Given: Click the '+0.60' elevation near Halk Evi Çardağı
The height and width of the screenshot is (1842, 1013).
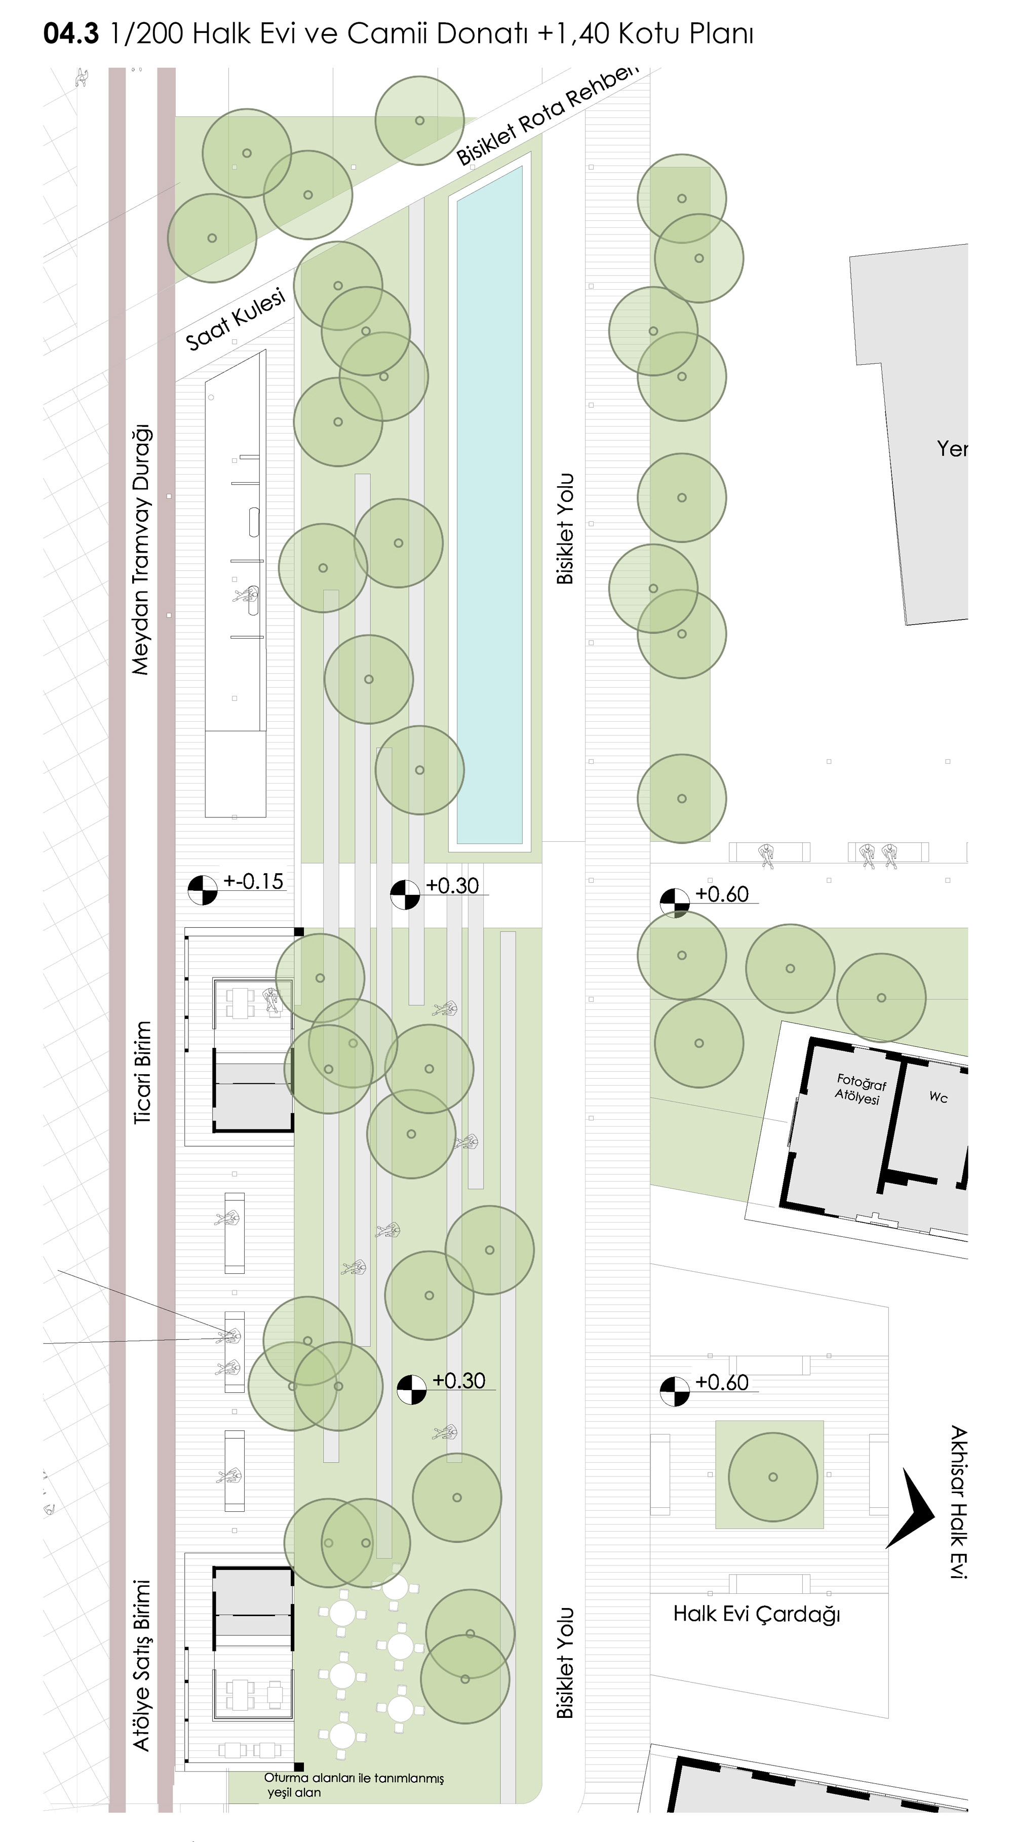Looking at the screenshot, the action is (x=722, y=1382).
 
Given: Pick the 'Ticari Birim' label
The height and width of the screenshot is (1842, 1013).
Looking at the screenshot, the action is (x=143, y=1073).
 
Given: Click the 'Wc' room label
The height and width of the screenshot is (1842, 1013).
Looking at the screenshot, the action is (x=938, y=1097).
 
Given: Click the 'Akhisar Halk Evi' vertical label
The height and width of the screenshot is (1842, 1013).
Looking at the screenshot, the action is (x=958, y=1502).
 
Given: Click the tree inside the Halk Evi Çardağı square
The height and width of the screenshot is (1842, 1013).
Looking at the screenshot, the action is (x=772, y=1477).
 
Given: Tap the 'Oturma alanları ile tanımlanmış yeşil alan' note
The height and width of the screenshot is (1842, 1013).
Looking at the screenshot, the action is (x=354, y=1785).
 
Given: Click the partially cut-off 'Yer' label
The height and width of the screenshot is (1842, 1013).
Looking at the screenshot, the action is (x=952, y=448).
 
